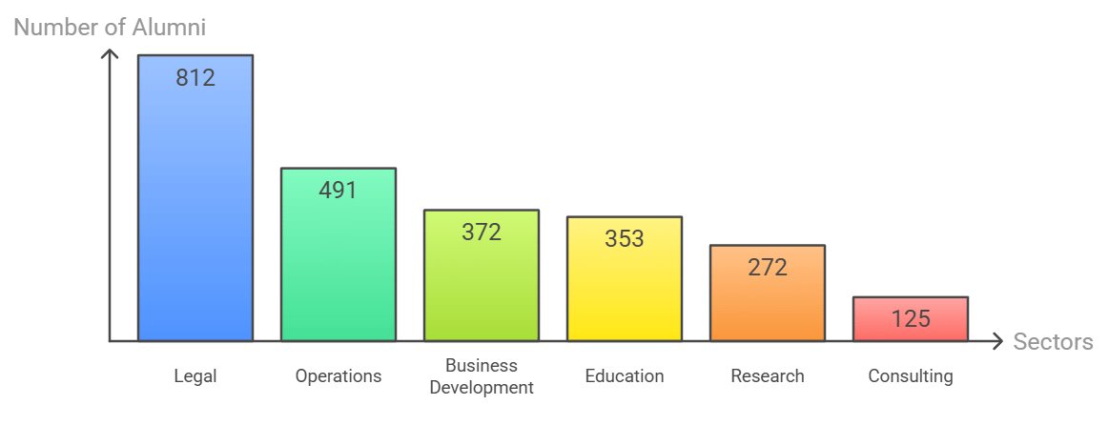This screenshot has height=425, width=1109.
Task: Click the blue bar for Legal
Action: pos(195,198)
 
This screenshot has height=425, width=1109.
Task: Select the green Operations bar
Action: pos(339,254)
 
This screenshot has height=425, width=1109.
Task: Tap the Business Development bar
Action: pos(482,275)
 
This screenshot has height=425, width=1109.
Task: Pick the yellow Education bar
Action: pos(625,278)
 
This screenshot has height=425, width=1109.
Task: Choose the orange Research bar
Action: pos(768,293)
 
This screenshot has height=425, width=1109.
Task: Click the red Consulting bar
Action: pos(911,319)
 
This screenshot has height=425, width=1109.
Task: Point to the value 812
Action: pos(195,77)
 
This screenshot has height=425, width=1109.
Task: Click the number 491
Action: pos(339,191)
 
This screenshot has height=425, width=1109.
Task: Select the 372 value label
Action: pos(482,232)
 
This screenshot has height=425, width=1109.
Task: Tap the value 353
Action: pos(625,239)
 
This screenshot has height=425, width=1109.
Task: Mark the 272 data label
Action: pos(768,268)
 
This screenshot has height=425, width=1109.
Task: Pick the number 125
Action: pos(911,319)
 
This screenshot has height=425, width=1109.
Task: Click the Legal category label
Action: pos(195,376)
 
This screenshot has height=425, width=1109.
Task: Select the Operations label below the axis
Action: pos(339,376)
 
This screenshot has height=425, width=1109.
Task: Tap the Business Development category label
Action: pos(482,376)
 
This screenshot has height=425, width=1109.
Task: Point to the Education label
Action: pos(625,376)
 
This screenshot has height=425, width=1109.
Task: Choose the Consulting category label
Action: pos(911,376)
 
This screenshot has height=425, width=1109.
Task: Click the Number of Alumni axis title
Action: pos(110,28)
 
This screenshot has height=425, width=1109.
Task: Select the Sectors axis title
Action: pos(1053,342)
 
